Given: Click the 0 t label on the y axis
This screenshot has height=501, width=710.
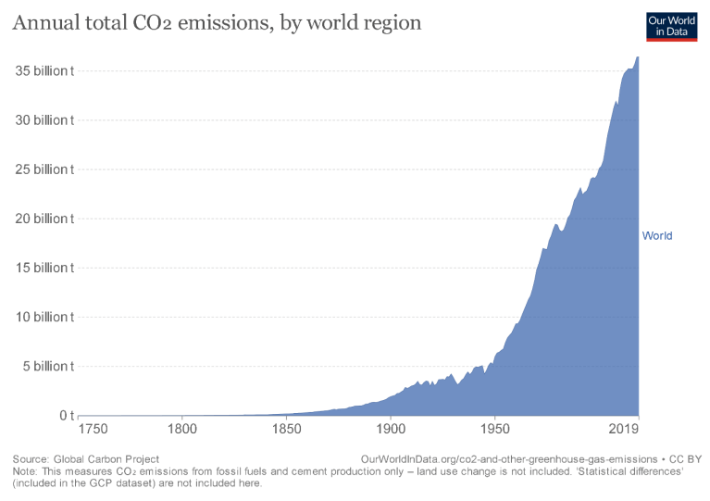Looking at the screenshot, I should pyautogui.click(x=66, y=415).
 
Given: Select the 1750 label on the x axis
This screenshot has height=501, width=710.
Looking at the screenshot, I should pyautogui.click(x=93, y=432).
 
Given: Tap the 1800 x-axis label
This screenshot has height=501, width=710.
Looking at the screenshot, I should pyautogui.click(x=182, y=432).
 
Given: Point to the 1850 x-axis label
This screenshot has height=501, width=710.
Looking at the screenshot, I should pyautogui.click(x=287, y=432).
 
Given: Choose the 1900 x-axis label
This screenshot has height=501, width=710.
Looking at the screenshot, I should pyautogui.click(x=392, y=432).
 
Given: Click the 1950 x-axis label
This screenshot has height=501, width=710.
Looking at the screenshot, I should pyautogui.click(x=496, y=432).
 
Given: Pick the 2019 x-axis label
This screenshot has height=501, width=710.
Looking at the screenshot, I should pyautogui.click(x=624, y=432).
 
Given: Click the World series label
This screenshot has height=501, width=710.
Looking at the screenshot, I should pyautogui.click(x=657, y=235).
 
